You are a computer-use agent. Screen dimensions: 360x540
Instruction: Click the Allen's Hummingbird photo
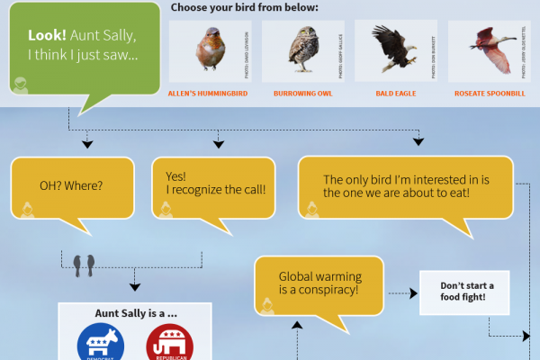click(x=211, y=51)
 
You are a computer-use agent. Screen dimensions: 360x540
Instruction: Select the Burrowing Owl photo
click(x=302, y=51)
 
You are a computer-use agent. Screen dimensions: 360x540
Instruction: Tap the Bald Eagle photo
click(x=393, y=51)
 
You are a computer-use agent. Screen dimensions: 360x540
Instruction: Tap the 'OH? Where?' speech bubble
click(x=72, y=187)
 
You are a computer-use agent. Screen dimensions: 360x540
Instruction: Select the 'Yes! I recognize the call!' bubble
click(x=215, y=183)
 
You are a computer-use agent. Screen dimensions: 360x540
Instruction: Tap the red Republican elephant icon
click(x=168, y=344)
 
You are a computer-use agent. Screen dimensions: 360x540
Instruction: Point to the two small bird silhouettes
click(x=86, y=263)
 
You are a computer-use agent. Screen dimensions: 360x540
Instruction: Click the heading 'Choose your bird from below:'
click(x=243, y=8)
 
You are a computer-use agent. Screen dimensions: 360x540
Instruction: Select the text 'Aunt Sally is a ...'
click(x=134, y=314)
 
